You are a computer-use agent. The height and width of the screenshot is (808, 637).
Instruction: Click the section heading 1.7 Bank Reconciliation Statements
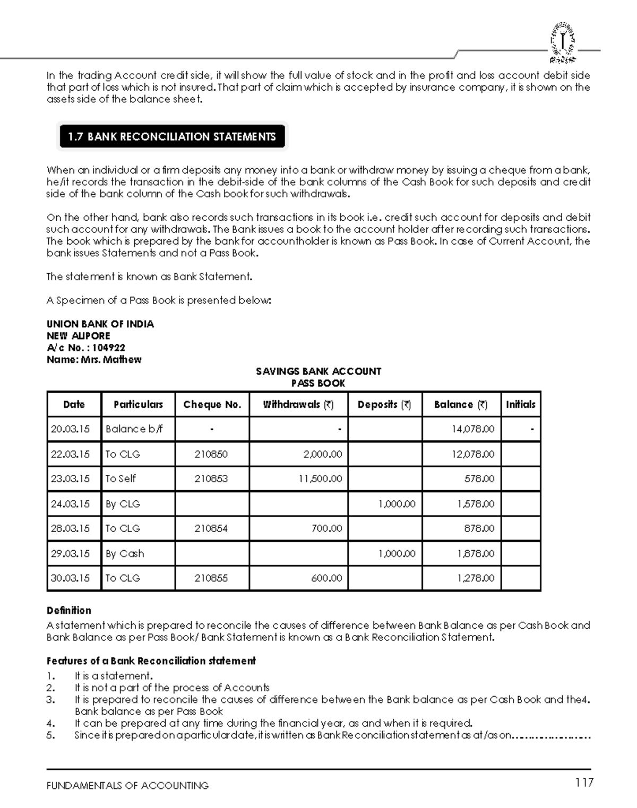click(171, 137)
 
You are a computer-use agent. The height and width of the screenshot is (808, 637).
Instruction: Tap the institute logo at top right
click(562, 41)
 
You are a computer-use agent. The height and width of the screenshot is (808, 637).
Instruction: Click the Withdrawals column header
click(298, 404)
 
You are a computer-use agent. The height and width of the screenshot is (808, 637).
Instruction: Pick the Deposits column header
click(384, 404)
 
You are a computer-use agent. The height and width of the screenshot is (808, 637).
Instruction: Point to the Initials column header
click(520, 404)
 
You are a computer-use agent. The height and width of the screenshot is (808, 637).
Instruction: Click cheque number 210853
click(211, 479)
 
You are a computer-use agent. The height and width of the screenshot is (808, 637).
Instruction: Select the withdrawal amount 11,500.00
click(320, 479)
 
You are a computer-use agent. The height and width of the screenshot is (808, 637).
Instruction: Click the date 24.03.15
click(70, 503)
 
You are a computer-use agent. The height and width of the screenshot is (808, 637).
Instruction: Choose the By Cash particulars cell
click(125, 553)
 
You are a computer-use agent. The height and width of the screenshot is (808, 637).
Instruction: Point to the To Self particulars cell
click(120, 479)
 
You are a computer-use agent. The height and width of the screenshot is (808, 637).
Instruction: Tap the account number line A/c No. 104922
click(86, 347)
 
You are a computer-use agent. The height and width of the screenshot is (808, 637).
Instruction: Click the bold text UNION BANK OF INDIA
click(100, 324)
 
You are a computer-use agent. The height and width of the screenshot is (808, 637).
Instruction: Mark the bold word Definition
click(69, 610)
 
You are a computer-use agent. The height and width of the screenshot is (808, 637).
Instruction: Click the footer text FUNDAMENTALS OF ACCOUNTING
click(127, 785)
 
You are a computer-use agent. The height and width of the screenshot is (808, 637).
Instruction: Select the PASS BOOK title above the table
click(318, 383)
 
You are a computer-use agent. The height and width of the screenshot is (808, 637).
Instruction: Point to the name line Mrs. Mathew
click(94, 359)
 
